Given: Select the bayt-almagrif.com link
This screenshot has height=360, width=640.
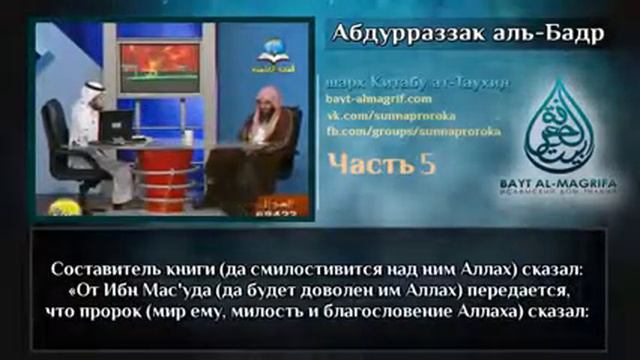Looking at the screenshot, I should coord(374,101).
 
